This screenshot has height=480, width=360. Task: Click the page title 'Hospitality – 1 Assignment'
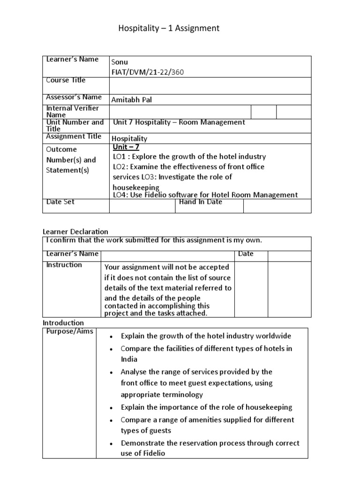168,29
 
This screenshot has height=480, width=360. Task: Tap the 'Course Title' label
66,80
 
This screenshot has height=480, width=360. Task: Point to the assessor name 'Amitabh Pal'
132,100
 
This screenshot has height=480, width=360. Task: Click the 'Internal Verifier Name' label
73,111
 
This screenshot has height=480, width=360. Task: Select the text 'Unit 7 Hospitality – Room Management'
179,122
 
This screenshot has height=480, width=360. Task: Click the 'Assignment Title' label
74,136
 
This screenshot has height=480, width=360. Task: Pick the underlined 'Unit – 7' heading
127,147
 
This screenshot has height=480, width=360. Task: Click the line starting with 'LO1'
189,157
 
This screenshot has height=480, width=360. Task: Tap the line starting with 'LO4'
205,195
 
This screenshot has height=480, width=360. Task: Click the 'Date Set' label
60,202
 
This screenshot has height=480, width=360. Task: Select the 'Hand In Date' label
201,202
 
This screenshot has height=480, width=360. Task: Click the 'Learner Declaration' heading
75,232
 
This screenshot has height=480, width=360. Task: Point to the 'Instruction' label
64,265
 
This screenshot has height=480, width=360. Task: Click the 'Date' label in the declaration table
246,254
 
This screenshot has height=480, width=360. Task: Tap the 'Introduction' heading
63,323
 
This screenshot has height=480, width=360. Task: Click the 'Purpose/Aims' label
70,332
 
